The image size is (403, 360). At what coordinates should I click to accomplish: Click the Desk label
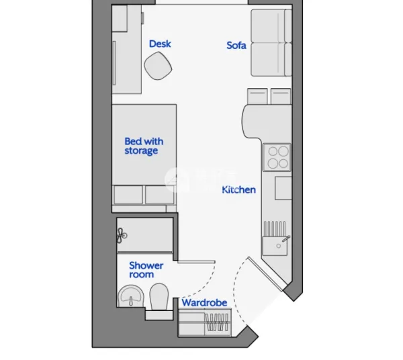pyautogui.click(x=160, y=44)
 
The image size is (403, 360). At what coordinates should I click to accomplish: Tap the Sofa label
pyautogui.click(x=236, y=46)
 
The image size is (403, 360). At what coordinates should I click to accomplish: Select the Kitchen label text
pyautogui.click(x=238, y=190)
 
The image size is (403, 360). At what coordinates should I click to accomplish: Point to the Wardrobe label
pyautogui.click(x=204, y=303)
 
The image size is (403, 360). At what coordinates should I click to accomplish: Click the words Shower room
pyautogui.click(x=146, y=270)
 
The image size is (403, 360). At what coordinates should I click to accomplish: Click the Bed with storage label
pyautogui.click(x=144, y=146)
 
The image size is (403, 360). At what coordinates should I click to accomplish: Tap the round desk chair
pyautogui.click(x=158, y=66)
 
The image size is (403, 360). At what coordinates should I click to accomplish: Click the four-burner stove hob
pyautogui.click(x=277, y=157)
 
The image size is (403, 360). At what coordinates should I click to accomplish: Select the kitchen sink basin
pyautogui.click(x=275, y=246)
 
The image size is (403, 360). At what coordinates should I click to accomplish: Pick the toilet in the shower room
pyautogui.click(x=159, y=297)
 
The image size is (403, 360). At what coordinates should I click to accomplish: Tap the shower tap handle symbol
pyautogui.click(x=122, y=235)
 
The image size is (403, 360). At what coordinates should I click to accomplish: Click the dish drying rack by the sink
pyautogui.click(x=275, y=228)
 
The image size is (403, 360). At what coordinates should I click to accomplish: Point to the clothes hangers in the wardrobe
pyautogui.click(x=217, y=322)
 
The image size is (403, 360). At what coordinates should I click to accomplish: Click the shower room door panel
pyautogui.click(x=196, y=262)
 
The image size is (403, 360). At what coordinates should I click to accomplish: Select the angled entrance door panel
pyautogui.click(x=267, y=273)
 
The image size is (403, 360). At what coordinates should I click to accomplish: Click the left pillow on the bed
pyautogui.click(x=128, y=195)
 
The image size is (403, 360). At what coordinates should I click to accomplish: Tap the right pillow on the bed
pyautogui.click(x=160, y=195)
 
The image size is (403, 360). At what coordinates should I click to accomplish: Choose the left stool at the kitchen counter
pyautogui.click(x=257, y=96)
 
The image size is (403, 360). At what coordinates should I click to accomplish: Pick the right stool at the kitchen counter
pyautogui.click(x=281, y=96)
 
